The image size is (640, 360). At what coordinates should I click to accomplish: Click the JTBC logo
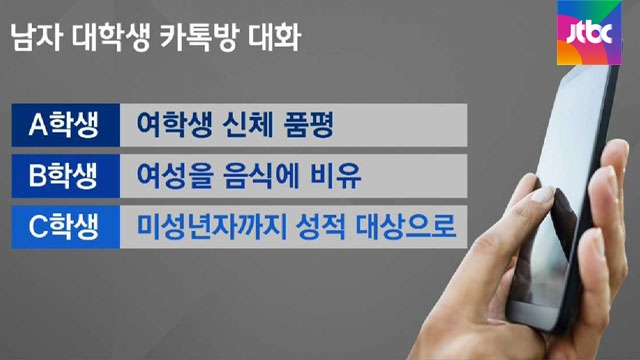pyautogui.click(x=589, y=33)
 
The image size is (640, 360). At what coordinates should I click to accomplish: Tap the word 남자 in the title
pyautogui.click(x=37, y=38)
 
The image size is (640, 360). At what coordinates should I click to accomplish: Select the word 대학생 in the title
pyautogui.click(x=111, y=38)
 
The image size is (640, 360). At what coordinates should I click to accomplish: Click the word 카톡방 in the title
pyautogui.click(x=198, y=38)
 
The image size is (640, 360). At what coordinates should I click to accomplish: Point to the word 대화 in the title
pyautogui.click(x=274, y=38)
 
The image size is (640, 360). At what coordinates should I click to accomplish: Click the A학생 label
pyautogui.click(x=64, y=124)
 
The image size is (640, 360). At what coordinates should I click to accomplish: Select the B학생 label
pyautogui.click(x=63, y=176)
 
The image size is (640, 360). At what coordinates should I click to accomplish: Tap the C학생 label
pyautogui.click(x=64, y=227)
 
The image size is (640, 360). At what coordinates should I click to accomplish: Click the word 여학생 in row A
pyautogui.click(x=174, y=124)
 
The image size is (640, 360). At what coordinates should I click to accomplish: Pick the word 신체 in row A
pyautogui.click(x=248, y=124)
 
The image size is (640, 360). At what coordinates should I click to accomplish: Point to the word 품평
pyautogui.click(x=309, y=124)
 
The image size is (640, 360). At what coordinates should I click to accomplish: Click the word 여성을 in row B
pyautogui.click(x=175, y=176)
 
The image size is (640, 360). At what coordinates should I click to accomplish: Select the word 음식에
pyautogui.click(x=262, y=176)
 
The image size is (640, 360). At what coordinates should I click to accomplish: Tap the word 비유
pyautogui.click(x=336, y=176)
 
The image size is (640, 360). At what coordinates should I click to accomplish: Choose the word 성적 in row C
pyautogui.click(x=321, y=227)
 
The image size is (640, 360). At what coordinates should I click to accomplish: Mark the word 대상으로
pyautogui.click(x=406, y=227)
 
